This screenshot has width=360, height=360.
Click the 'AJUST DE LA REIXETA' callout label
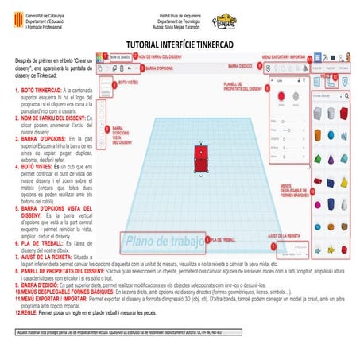point(284,236)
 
